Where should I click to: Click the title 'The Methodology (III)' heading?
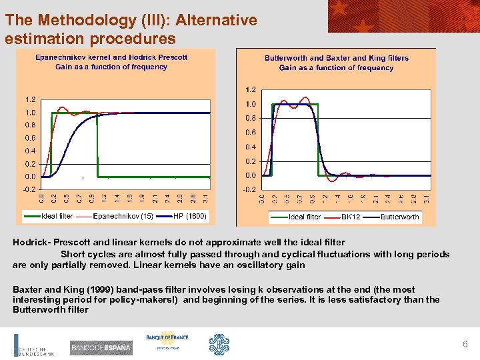click(x=130, y=20)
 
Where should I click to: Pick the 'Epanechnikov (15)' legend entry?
click(x=123, y=216)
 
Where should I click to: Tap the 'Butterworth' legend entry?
click(x=400, y=217)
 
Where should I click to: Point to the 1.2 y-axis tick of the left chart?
click(x=31, y=100)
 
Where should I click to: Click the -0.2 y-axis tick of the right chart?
click(x=249, y=190)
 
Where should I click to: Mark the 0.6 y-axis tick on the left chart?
click(x=31, y=138)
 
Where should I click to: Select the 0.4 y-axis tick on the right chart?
click(x=250, y=147)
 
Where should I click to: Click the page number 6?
click(x=465, y=344)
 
